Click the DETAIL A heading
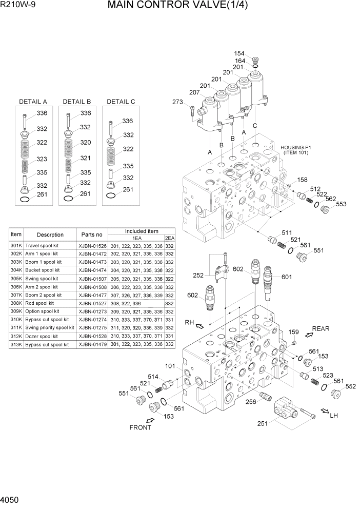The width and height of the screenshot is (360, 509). click(33, 102)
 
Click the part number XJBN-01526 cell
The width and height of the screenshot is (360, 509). click(92, 246)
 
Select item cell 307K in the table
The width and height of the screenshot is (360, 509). click(16, 295)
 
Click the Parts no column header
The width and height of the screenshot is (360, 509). click(92, 234)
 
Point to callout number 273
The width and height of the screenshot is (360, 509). click(177, 102)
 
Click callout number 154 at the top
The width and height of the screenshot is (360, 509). click(239, 53)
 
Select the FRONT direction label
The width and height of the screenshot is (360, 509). click(140, 427)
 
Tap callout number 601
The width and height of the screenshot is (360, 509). click(286, 277)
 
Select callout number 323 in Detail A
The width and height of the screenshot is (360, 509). click(42, 160)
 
